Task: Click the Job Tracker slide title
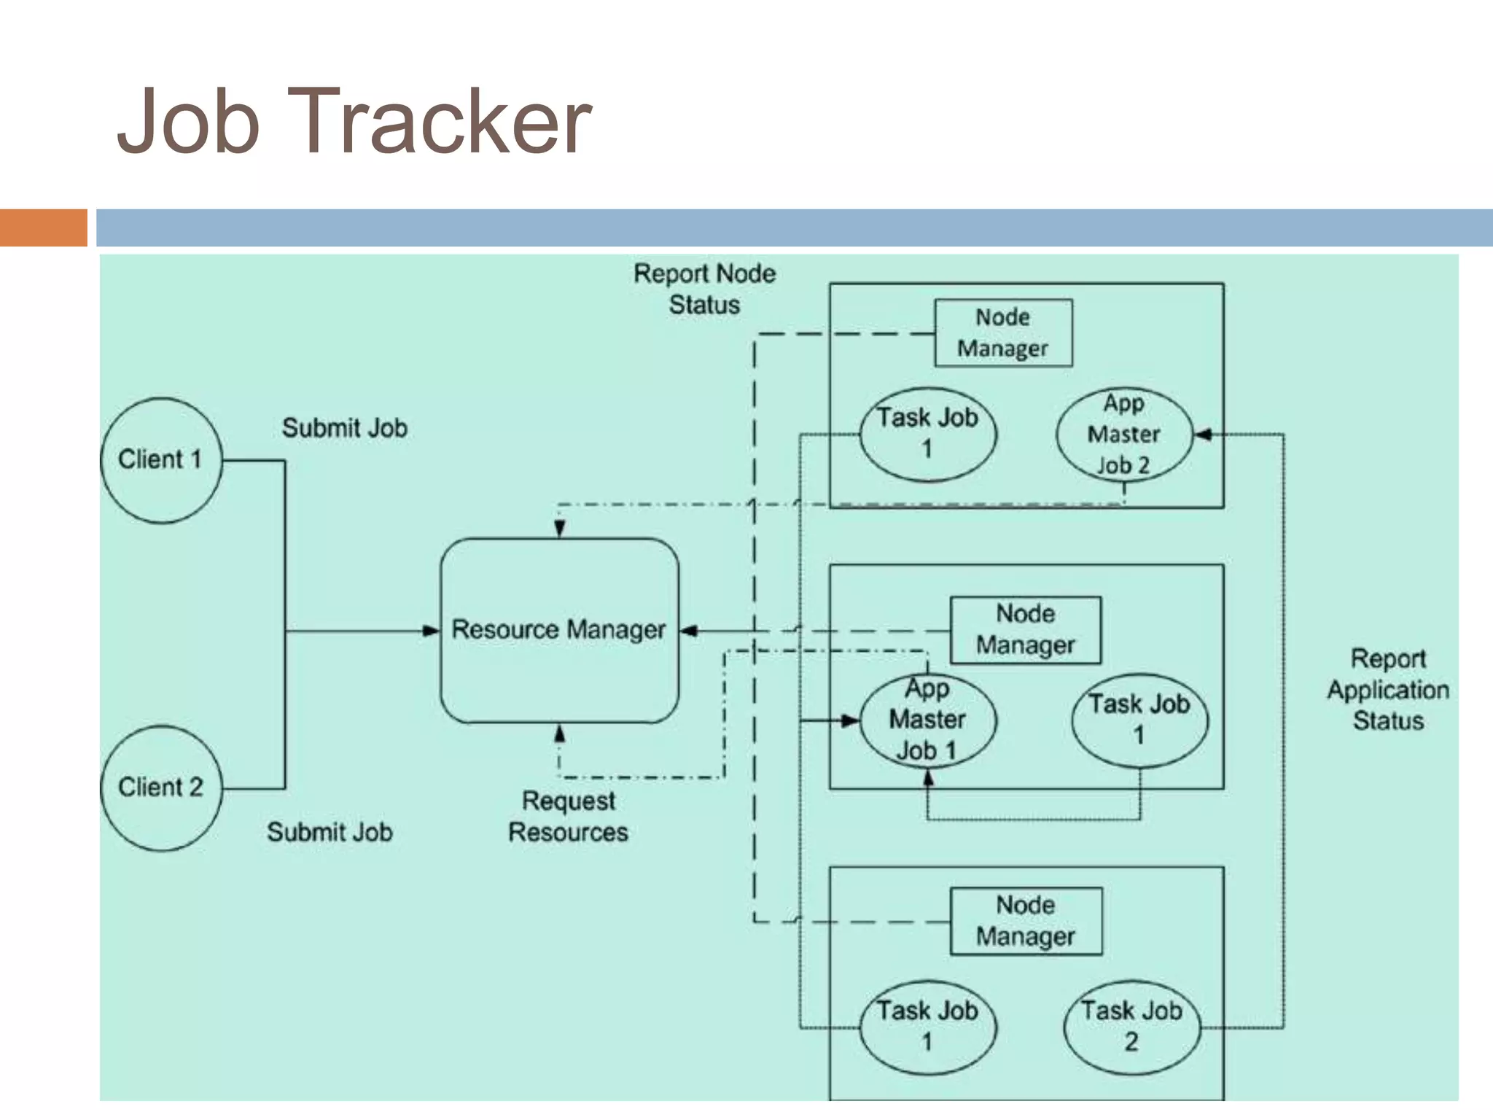click(354, 121)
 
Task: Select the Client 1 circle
click(160, 460)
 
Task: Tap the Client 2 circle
click(160, 787)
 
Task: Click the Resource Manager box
click(559, 630)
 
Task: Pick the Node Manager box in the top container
click(1003, 332)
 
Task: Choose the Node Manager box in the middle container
click(1025, 630)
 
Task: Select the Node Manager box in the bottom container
click(1025, 921)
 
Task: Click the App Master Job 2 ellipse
click(1123, 435)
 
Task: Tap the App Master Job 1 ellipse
click(927, 720)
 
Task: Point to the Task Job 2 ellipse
click(1131, 1027)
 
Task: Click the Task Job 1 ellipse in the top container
click(927, 434)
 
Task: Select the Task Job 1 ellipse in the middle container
click(1139, 720)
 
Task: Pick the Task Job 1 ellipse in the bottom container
click(927, 1027)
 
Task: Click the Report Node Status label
click(704, 289)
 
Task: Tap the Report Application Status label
click(1387, 690)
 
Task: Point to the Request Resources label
click(568, 817)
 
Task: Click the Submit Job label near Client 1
click(344, 428)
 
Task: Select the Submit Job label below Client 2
click(330, 832)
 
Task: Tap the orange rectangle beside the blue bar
click(43, 227)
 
